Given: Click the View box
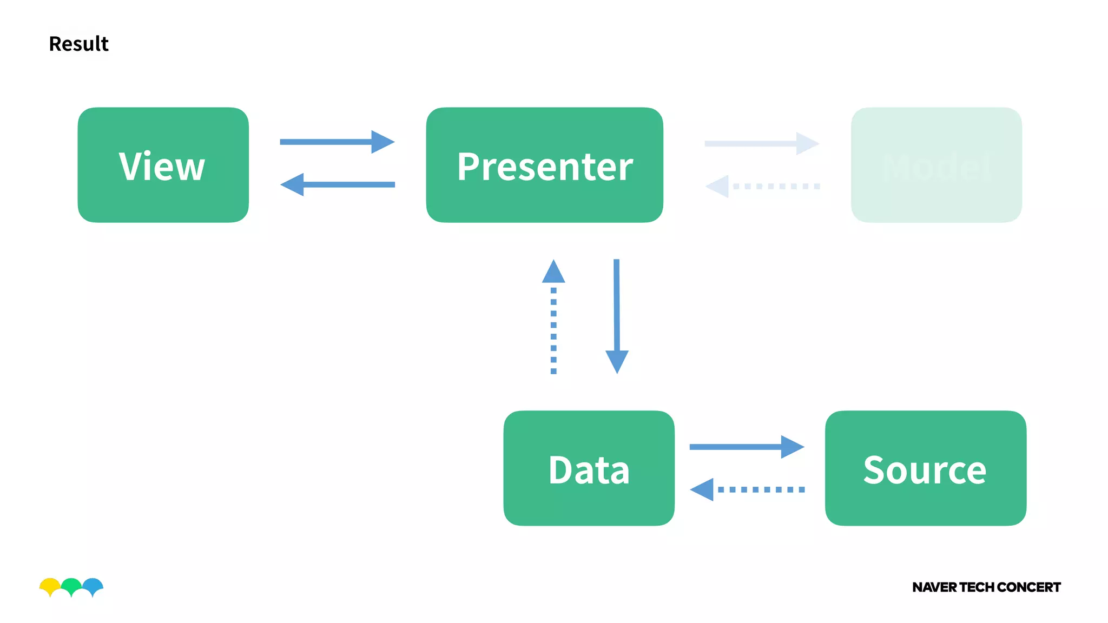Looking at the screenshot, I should (x=163, y=165).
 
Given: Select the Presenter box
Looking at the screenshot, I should (x=544, y=165).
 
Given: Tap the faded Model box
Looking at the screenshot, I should (x=936, y=165).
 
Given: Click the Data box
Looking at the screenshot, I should (x=589, y=468).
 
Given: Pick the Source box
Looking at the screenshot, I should (x=925, y=468).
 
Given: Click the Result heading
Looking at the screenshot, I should (x=79, y=44).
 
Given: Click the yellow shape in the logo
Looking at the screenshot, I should (x=49, y=585).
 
